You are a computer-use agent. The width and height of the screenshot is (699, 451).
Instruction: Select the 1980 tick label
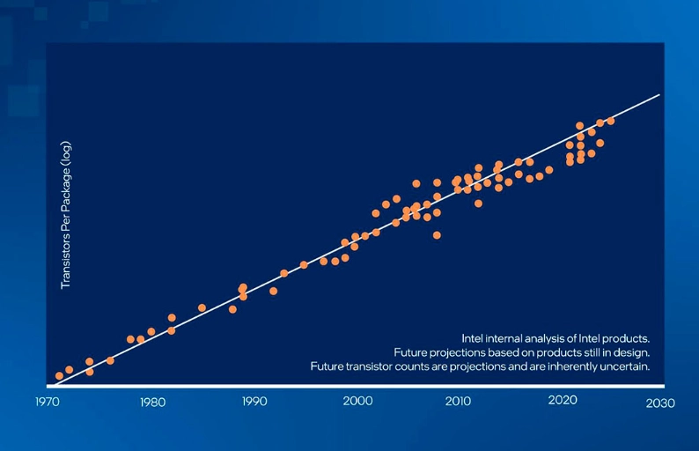click(x=152, y=403)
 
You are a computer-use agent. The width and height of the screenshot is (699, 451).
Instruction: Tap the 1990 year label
click(x=254, y=403)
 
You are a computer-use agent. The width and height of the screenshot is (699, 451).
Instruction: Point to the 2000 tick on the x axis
click(x=357, y=403)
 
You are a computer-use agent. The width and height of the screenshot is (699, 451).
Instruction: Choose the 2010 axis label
click(x=459, y=403)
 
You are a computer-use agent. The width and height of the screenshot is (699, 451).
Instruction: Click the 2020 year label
click(x=562, y=401)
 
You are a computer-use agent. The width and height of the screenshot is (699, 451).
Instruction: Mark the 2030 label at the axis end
click(x=660, y=403)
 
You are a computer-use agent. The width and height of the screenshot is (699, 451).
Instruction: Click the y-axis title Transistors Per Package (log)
click(x=65, y=216)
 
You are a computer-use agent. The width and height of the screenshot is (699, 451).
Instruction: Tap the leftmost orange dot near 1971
click(x=59, y=376)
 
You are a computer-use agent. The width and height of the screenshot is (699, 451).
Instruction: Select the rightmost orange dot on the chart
click(x=610, y=121)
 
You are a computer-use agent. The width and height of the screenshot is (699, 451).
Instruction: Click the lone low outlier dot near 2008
click(x=437, y=235)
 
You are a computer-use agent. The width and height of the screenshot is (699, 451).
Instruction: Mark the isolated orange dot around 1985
click(x=202, y=307)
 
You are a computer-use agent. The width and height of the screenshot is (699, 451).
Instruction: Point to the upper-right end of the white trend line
click(x=659, y=94)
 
